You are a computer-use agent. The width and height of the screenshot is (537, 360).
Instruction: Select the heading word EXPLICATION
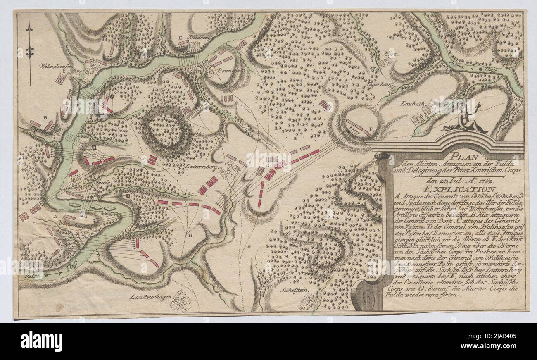pyautogui.click(x=456, y=189)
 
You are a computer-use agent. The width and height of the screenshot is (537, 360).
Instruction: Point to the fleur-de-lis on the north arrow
pyautogui.click(x=29, y=52)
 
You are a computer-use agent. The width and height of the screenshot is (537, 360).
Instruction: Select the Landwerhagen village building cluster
pyautogui.click(x=182, y=301)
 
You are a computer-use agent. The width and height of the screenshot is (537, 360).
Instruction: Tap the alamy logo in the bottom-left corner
pyautogui.click(x=42, y=341)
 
